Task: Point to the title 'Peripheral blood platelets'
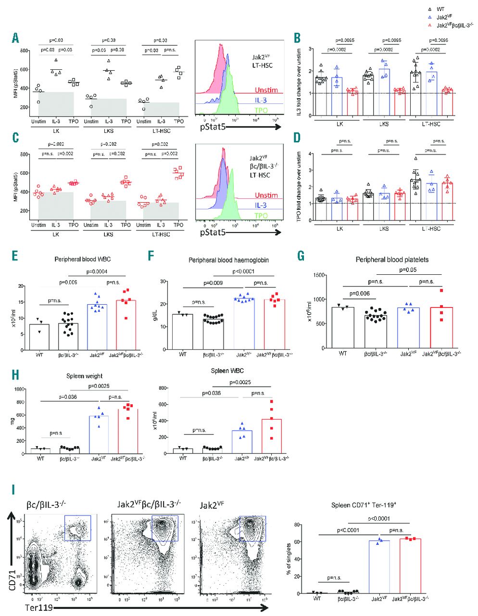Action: [392, 259]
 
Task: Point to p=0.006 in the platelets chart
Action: [360, 293]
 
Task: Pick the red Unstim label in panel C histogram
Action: [266, 195]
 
